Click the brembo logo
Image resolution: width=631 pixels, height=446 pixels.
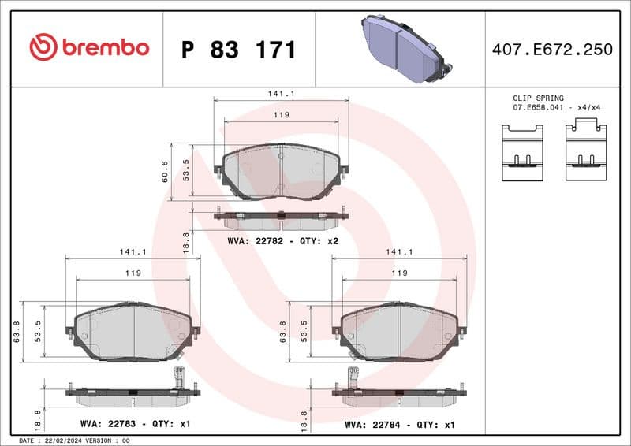coord(88,47)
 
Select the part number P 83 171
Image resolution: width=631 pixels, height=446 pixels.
coord(238,50)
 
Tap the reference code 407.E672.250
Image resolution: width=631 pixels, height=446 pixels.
coord(551,50)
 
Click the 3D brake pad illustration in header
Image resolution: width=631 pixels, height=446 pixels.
coord(403,48)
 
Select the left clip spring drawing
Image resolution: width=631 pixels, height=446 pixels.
coord(522,152)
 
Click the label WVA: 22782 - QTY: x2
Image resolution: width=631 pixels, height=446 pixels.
coord(282,240)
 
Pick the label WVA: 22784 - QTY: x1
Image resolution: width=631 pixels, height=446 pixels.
coord(399,424)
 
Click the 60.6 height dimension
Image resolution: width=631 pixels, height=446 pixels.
coord(165,171)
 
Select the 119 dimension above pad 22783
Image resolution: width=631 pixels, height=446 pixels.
coord(133,273)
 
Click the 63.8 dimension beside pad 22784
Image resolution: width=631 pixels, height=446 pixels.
coord(283,331)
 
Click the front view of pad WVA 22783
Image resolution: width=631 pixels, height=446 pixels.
coord(133,331)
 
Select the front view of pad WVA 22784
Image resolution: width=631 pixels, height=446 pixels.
coord(399,331)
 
